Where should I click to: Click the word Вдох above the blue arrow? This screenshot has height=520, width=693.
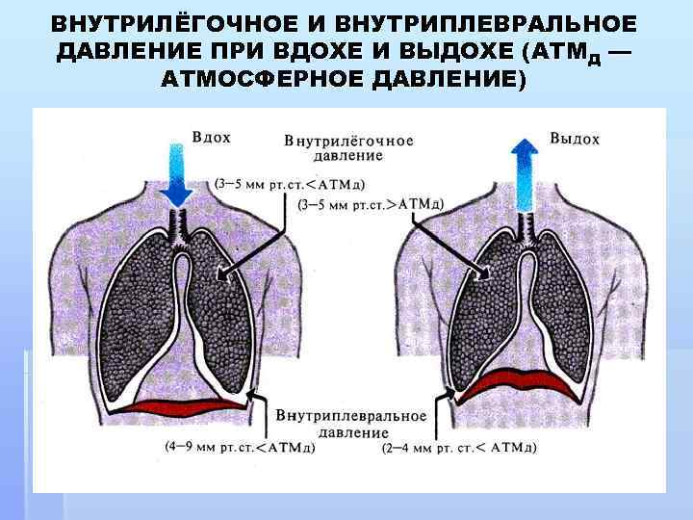click(x=212, y=138)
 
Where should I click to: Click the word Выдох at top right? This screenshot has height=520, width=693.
click(x=575, y=139)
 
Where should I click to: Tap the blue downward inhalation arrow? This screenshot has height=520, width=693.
click(x=176, y=173)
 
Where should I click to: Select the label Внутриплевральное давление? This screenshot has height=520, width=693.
click(x=351, y=424)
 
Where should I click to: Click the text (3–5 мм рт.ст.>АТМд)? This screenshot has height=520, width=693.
click(x=370, y=203)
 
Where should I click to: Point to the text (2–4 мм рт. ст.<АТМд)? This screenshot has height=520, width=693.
click(x=459, y=448)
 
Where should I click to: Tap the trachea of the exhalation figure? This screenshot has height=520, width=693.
click(x=526, y=223)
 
